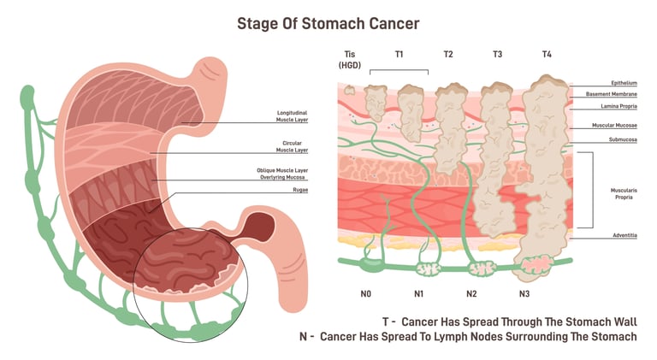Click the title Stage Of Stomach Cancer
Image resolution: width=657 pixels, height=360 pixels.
tap(328, 23)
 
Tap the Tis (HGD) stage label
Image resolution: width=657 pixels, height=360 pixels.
tap(349, 60)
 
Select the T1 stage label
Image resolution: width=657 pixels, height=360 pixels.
tap(399, 55)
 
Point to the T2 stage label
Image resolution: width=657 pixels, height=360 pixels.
tap(447, 55)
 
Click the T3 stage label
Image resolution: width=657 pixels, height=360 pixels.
tap(497, 55)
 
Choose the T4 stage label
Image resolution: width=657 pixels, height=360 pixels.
tap(547, 55)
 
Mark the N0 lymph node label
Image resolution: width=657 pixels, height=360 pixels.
tap(365, 293)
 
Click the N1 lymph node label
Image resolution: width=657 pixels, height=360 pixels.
tap(418, 293)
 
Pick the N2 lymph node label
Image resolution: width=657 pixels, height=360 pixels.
tap(471, 293)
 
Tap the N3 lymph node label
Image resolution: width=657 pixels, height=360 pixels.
tap(524, 293)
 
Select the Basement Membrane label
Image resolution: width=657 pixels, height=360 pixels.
tap(612, 94)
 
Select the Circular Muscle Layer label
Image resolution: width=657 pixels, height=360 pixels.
tap(293, 146)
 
